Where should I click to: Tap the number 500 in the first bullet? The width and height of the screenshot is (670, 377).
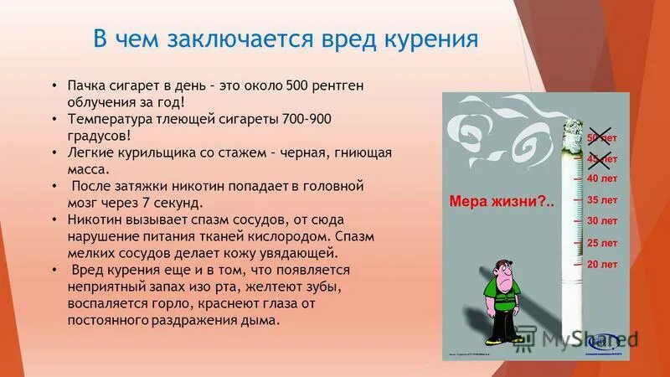(x=297, y=85)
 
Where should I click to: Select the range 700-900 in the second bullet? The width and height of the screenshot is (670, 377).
(x=308, y=120)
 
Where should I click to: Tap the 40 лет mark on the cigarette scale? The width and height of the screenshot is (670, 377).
(x=601, y=178)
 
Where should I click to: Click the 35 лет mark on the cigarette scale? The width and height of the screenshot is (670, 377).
(x=601, y=199)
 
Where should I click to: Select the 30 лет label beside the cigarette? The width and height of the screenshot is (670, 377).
(x=601, y=221)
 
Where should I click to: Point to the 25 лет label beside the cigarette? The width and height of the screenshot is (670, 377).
(x=601, y=243)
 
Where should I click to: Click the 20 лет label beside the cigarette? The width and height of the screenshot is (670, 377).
(x=601, y=265)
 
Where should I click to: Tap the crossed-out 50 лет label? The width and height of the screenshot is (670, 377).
(x=600, y=137)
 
